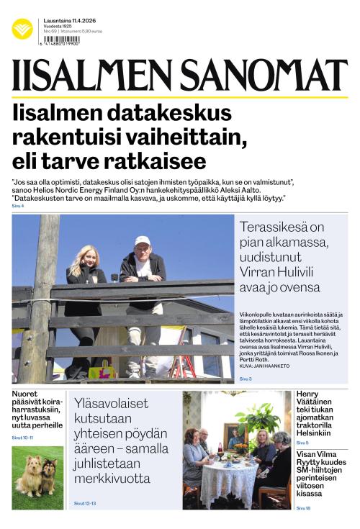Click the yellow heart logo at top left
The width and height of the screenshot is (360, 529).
click(x=22, y=29)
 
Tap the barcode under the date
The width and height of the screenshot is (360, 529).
click(x=61, y=42)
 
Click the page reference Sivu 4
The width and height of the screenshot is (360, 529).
click(x=18, y=207)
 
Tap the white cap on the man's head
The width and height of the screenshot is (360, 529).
click(x=143, y=240)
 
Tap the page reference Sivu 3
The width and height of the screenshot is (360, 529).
click(x=246, y=379)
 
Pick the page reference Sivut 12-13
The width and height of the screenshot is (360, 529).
click(x=85, y=503)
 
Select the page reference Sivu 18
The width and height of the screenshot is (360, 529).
click(x=303, y=508)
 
